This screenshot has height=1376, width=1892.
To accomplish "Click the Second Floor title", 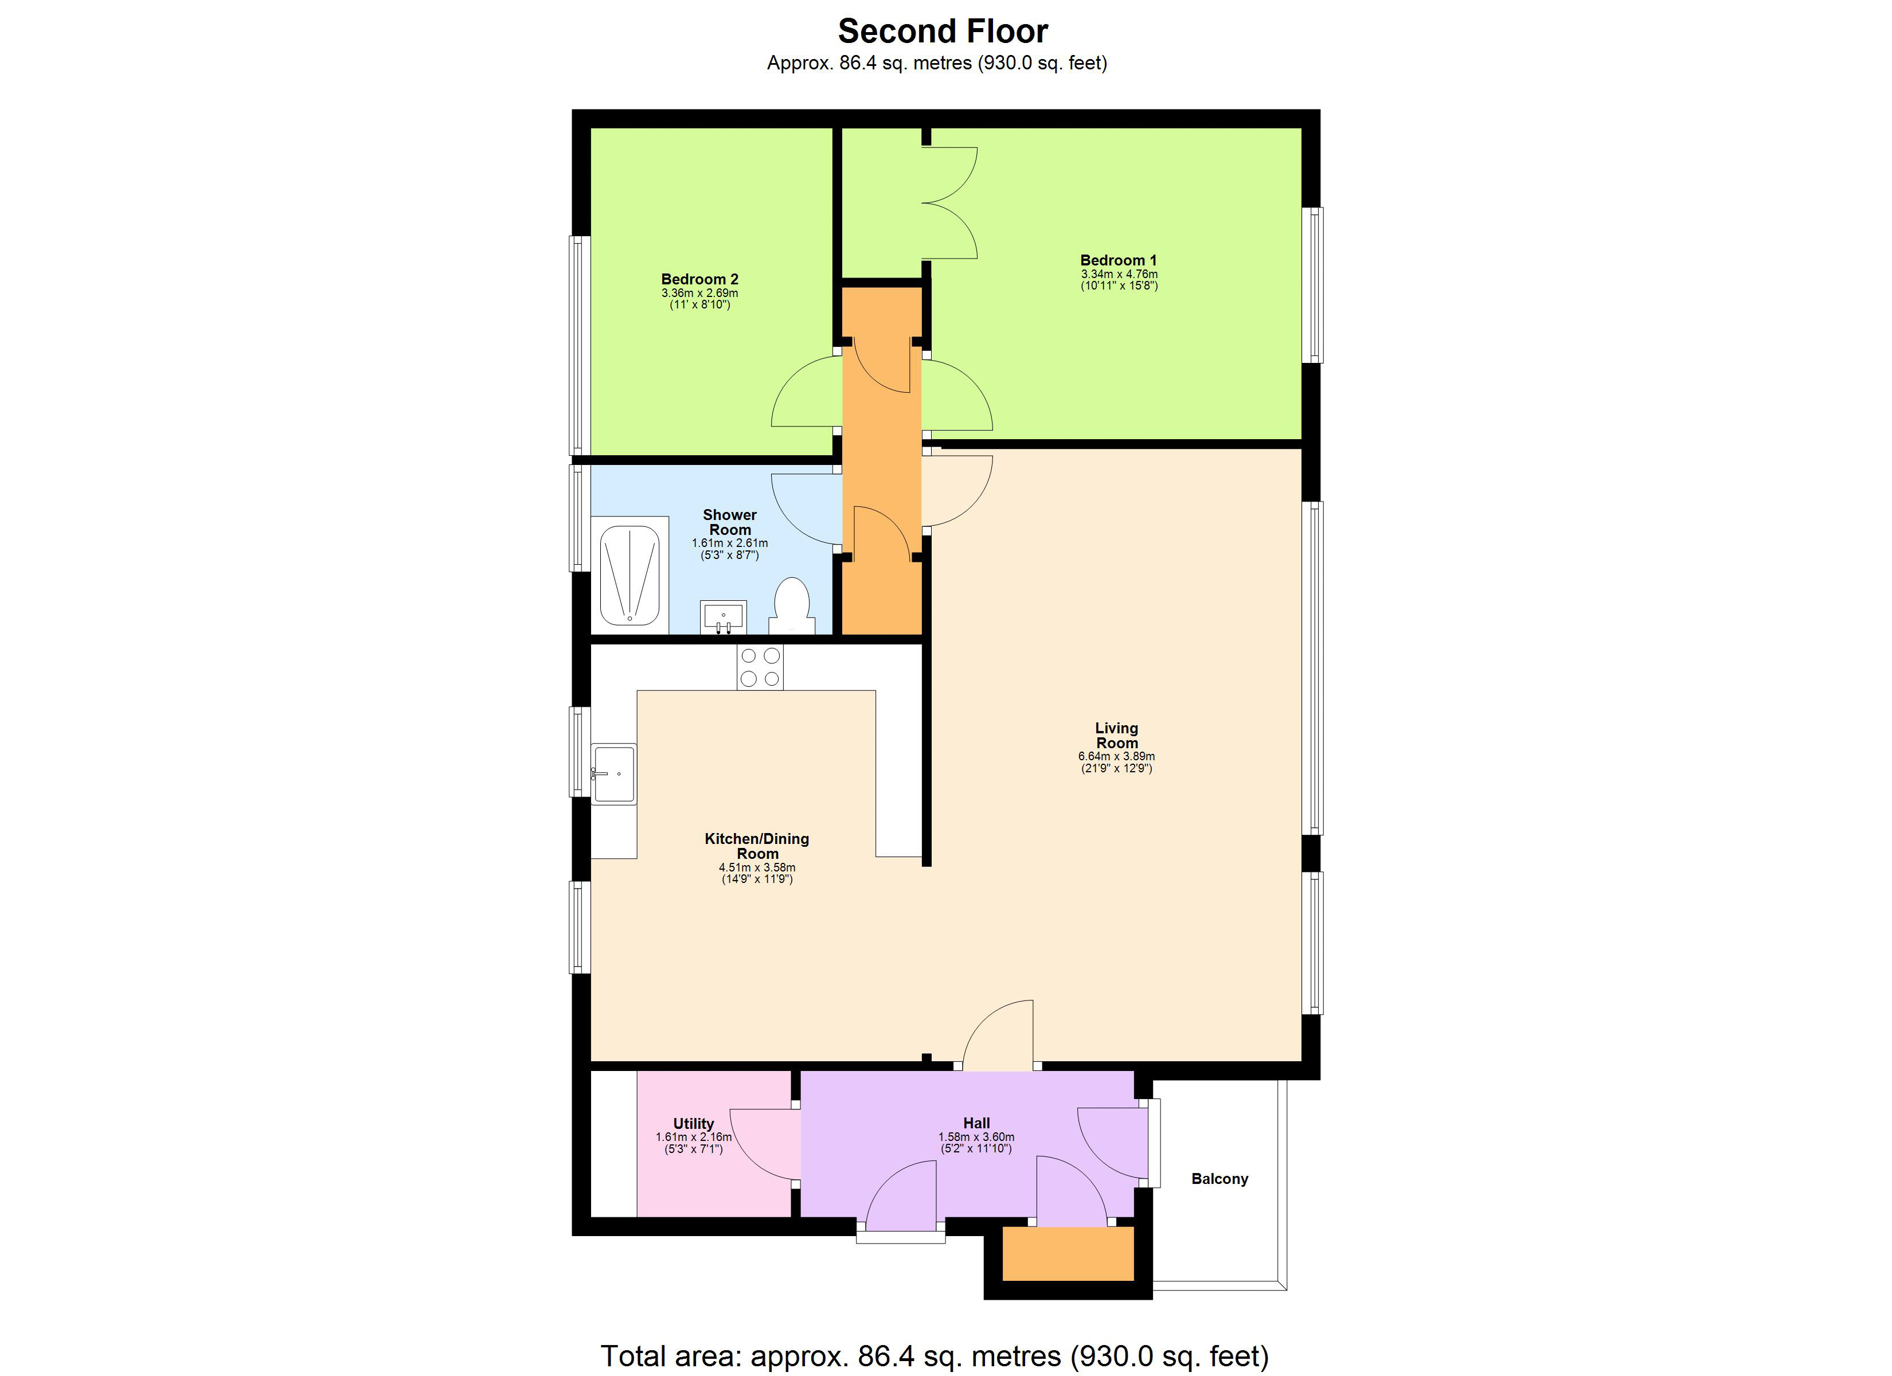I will [943, 32].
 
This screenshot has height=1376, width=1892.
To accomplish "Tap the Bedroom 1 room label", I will [1118, 260].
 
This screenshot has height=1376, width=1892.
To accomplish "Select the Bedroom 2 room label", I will [699, 280].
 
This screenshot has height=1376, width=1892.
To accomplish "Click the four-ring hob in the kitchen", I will [760, 667].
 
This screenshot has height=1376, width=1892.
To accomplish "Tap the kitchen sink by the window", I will [614, 773].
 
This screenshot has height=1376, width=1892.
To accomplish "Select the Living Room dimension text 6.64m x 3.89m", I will [1116, 756].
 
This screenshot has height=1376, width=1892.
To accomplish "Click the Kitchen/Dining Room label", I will [757, 845].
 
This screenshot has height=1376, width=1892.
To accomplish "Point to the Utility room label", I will [693, 1123].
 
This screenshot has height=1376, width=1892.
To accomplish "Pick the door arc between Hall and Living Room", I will [997, 1035].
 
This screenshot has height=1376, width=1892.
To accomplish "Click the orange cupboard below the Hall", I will [1067, 1253].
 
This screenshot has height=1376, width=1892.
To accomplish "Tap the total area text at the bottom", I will [935, 1355].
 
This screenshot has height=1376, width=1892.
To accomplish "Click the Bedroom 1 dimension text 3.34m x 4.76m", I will [1119, 273].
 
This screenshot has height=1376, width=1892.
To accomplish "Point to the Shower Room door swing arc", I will [803, 507].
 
